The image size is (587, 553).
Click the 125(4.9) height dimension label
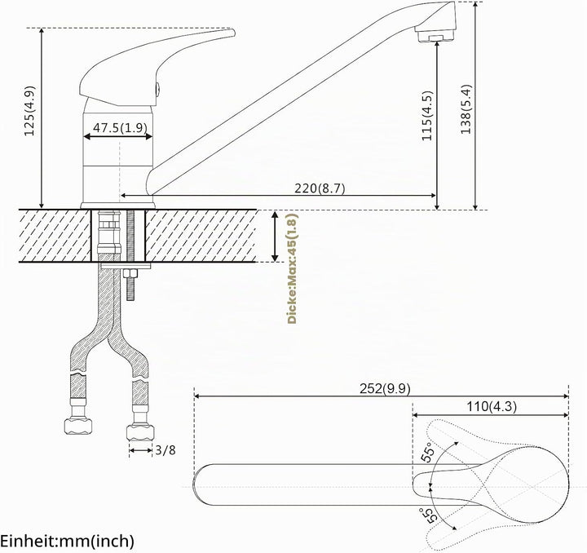pos(29,111)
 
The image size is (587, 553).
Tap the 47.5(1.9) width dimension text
pos(120,128)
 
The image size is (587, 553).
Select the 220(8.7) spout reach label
pos(320,188)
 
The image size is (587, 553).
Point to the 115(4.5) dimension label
pos(426,116)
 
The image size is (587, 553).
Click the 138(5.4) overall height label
pos(466,109)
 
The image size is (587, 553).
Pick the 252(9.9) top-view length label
pos(385,388)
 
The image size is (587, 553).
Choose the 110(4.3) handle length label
pos(492,406)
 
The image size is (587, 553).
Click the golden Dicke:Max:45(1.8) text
pos(292,268)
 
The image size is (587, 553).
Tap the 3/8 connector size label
pos(165,449)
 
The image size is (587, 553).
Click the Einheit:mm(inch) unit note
pos(67,541)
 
